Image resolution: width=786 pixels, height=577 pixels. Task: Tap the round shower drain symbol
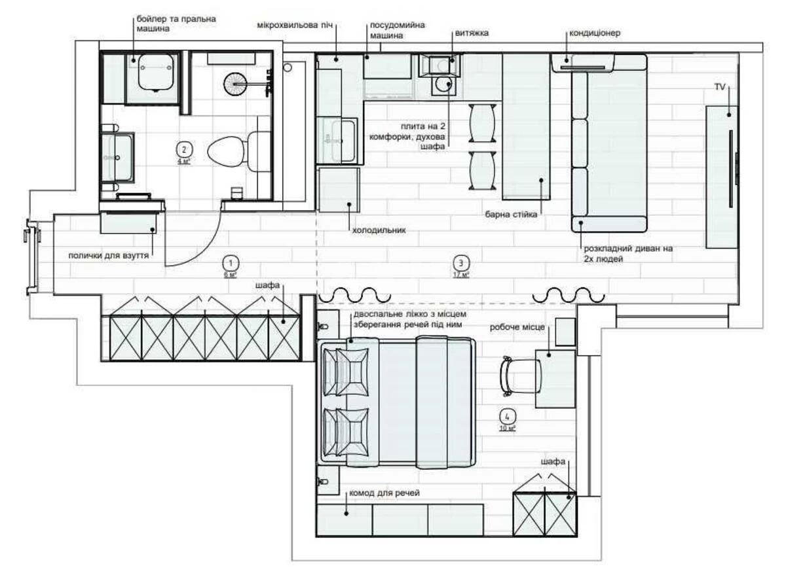click(x=237, y=84)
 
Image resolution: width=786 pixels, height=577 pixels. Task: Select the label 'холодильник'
click(x=379, y=230)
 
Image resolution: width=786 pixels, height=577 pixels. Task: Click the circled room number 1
click(x=230, y=262)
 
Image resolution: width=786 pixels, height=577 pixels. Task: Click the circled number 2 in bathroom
click(x=185, y=149)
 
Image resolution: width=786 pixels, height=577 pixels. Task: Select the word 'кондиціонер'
click(x=594, y=33)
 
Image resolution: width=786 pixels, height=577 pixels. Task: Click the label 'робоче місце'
click(x=517, y=327)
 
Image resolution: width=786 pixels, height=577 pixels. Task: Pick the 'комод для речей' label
click(x=384, y=493)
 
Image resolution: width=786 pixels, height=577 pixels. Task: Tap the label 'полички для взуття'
click(x=109, y=255)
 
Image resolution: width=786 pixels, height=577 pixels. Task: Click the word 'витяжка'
click(x=472, y=32)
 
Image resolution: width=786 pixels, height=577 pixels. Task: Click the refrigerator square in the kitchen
click(x=339, y=189)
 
